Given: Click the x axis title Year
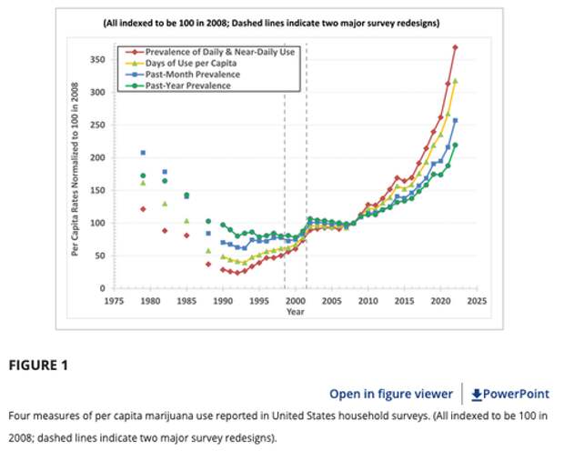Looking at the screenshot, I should click(x=296, y=311).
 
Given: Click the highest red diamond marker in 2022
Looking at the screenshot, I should click(x=455, y=47).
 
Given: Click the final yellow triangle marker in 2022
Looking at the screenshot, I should click(x=455, y=81).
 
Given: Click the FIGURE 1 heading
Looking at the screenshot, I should click(x=38, y=366).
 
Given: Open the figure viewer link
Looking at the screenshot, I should click(x=390, y=394).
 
